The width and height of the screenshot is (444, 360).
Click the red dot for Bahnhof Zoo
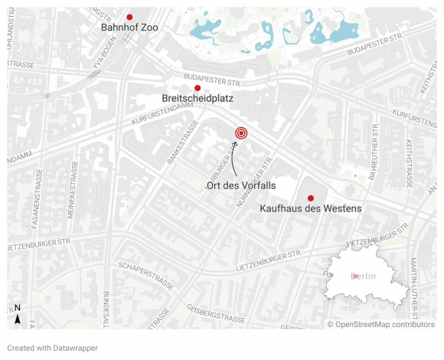point(130,17)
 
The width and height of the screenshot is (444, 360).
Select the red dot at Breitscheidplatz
point(198,88)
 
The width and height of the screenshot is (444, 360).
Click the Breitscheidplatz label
point(198,100)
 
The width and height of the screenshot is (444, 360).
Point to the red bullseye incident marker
point(240,133)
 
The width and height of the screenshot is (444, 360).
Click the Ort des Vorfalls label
point(240,186)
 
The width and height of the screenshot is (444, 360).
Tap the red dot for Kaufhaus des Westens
point(310,198)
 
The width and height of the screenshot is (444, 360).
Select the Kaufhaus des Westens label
point(310,208)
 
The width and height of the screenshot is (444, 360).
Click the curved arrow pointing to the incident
point(232,158)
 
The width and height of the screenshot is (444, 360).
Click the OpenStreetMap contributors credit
point(380,325)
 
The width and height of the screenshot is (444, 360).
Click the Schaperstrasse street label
point(146,276)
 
